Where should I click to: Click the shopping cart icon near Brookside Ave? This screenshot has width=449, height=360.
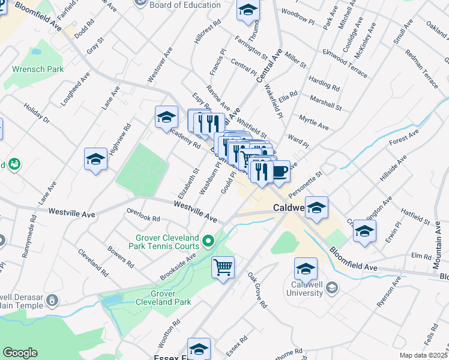223,266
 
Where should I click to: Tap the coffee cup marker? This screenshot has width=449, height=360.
280,172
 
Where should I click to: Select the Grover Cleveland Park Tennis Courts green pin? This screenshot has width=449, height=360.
209,241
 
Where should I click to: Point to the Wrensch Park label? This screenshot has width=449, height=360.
38,69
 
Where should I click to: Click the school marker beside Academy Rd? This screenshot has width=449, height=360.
166,118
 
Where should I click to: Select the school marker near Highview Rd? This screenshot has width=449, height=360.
95,160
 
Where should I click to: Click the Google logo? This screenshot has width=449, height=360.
20,353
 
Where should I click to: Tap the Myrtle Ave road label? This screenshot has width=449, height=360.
314,124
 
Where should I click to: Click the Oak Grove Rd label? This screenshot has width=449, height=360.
257,290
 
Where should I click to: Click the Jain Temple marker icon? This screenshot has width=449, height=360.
53,299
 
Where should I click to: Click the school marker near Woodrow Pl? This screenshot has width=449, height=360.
247,10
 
